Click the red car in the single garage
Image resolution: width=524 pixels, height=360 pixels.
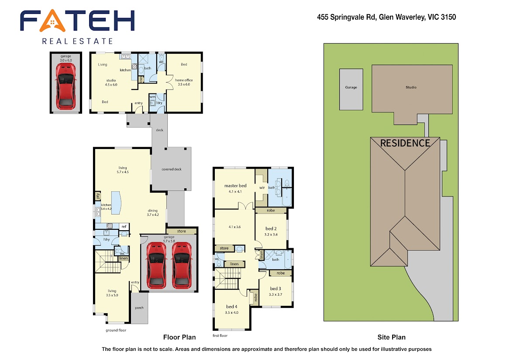[x=66, y=86]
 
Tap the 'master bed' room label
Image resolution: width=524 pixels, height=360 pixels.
[x=235, y=186]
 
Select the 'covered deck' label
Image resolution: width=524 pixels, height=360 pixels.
[x=172, y=169]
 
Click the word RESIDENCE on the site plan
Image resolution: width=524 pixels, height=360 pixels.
[x=405, y=143]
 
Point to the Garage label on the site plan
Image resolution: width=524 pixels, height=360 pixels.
[x=351, y=87]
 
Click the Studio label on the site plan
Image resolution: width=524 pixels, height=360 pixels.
[x=411, y=87]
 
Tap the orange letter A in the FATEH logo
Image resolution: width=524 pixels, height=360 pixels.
[x=52, y=21]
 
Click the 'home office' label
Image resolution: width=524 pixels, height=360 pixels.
[x=184, y=80]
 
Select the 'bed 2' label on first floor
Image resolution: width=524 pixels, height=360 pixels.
[x=271, y=228]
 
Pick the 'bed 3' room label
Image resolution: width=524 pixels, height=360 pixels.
[x=276, y=289]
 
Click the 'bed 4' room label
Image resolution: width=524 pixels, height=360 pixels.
[x=231, y=307]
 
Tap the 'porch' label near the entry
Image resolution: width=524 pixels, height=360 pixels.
[x=139, y=308]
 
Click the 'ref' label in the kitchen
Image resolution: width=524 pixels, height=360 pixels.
[x=124, y=226]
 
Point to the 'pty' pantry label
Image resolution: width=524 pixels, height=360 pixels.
[x=98, y=196]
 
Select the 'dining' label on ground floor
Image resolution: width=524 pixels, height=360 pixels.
[x=152, y=211]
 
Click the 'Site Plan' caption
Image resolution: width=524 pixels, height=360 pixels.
[x=391, y=337]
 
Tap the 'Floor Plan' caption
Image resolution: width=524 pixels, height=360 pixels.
[x=179, y=337]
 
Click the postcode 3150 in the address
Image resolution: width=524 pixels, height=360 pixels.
[x=448, y=17]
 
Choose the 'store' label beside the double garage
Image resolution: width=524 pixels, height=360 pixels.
[x=181, y=231]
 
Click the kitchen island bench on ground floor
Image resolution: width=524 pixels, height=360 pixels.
[x=116, y=203]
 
